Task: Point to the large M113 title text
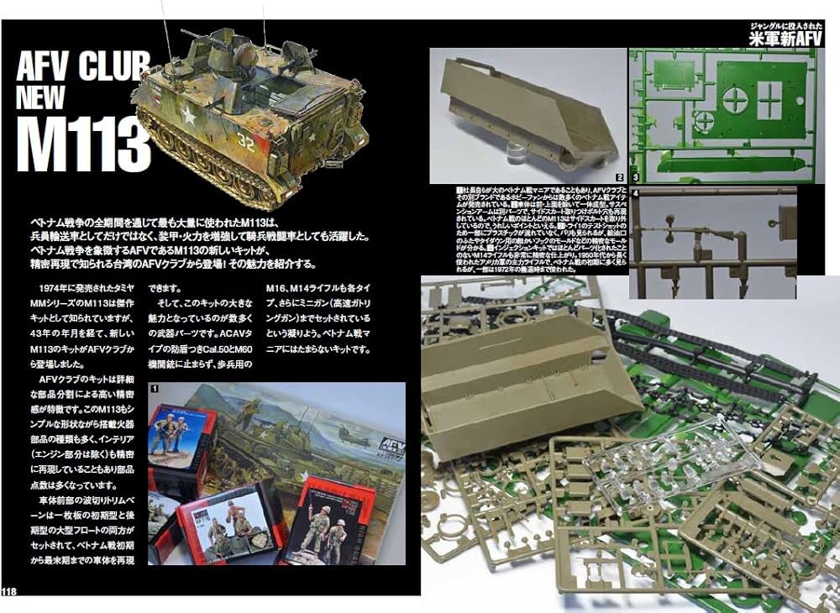82,147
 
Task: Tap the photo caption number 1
155,389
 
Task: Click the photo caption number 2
618,177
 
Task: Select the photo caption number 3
636,177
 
